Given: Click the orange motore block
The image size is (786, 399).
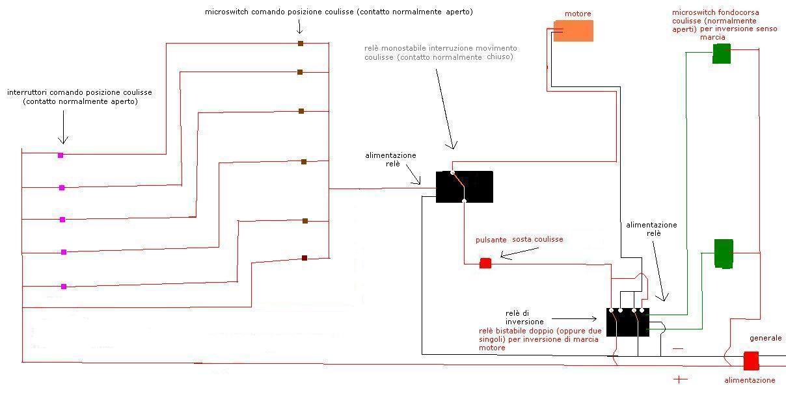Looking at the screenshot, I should coord(573,31).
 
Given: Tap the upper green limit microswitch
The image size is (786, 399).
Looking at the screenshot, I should coord(722,53).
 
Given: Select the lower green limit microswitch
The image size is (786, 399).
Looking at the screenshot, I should coord(724,253).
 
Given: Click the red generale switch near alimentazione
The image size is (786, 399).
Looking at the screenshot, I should coord(751,361).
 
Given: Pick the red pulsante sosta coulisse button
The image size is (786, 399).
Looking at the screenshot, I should coord(485,263).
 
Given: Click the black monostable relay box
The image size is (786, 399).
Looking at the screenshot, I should coord(464,187).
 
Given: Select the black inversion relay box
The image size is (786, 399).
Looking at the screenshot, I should coord(627,322).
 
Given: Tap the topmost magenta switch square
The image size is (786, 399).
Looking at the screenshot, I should coord(61,155).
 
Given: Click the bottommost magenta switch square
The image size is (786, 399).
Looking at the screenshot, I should coord(64,286).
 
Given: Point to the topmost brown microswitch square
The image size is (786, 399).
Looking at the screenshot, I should coord(301,44).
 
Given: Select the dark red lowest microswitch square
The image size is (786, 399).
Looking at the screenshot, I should coord(305,258).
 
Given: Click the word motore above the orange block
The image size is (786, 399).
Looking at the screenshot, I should coord(578,14).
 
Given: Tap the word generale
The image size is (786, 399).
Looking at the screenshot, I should coord(765,338).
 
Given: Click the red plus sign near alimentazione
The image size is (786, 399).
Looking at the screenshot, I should coord(680,379).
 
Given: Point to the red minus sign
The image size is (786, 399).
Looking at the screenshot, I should coord(678,349).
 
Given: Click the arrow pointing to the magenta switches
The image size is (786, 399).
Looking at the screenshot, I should coord(63,127).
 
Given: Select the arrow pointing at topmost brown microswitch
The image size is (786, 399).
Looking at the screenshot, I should coord(299,27).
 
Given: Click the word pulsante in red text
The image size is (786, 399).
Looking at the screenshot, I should coord(491,239).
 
